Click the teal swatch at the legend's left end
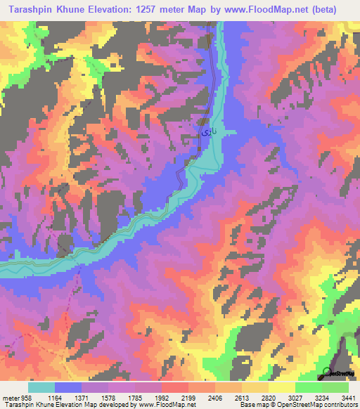pyautogui.click(x=41, y=387)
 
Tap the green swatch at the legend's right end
pyautogui.click(x=335, y=387)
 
